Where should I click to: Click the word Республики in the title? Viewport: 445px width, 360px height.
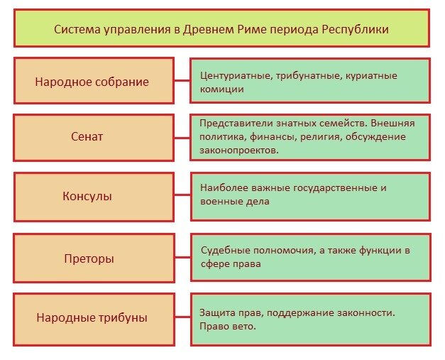coord(356,30)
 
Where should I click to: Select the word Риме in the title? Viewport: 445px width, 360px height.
coord(257,30)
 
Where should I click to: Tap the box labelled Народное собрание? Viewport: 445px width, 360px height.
coord(92,82)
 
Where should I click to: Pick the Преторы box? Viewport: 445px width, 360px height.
coord(93,258)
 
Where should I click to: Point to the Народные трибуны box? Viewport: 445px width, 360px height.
coord(92,317)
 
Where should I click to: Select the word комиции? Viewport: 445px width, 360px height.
coord(222,89)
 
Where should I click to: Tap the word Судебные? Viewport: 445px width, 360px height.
coord(224,251)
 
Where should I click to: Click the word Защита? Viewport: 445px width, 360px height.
coord(217,312)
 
